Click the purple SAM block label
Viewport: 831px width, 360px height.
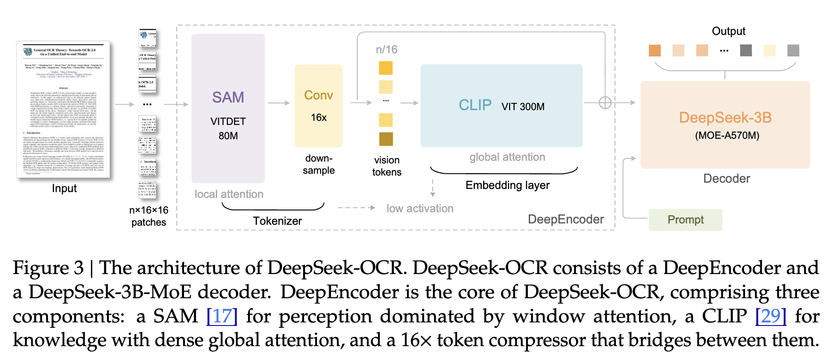228,97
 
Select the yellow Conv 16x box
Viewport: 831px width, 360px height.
318,106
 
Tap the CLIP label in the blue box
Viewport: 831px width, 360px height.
475,105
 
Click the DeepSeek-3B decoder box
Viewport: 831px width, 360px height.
725,124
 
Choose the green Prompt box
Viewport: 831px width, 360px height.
685,219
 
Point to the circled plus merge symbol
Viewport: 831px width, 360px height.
605,103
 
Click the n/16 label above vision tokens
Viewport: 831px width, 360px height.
386,50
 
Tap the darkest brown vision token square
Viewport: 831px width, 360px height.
386,139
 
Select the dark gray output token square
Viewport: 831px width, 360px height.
746,51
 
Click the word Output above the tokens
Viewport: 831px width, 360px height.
728,31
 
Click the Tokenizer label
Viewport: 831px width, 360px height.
277,221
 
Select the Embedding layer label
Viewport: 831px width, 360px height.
507,185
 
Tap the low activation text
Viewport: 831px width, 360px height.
420,209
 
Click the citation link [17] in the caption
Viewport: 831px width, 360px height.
222,316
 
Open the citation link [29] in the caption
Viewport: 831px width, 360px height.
771,316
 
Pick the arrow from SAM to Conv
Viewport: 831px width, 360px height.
279,103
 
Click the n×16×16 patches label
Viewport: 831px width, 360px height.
149,216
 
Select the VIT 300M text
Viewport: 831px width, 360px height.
523,107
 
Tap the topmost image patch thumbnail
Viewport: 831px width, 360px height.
148,38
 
